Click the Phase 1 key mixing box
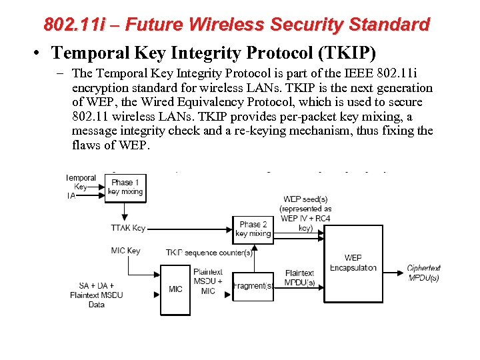(125, 187)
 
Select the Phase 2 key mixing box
(253, 229)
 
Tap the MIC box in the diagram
(175, 289)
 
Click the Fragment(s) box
(253, 286)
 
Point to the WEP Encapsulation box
(353, 263)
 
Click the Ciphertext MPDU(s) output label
(424, 273)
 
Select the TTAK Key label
(128, 228)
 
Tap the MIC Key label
(125, 251)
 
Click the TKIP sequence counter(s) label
(209, 253)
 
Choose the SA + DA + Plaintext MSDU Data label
(97, 295)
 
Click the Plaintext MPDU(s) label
(299, 278)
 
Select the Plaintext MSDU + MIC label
(208, 281)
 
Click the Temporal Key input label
(80, 183)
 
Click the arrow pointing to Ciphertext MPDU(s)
(393, 272)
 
